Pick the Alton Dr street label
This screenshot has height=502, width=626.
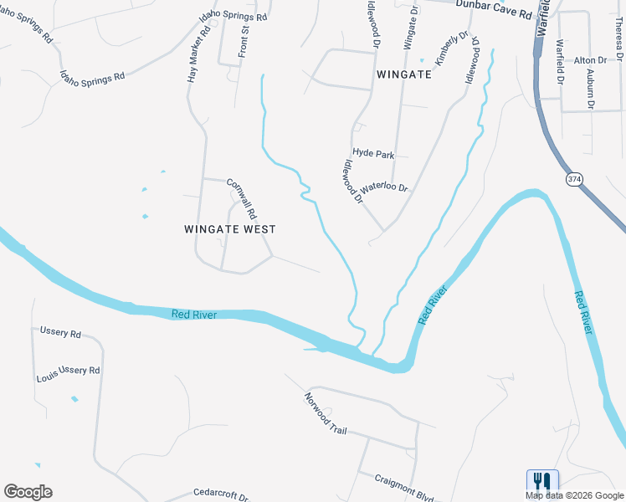pyautogui.click(x=590, y=60)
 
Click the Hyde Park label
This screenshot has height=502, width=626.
pyautogui.click(x=373, y=153)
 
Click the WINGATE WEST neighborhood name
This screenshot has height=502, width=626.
pyautogui.click(x=229, y=228)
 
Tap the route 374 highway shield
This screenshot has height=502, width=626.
pyautogui.click(x=573, y=179)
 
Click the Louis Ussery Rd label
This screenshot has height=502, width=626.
pyautogui.click(x=68, y=374)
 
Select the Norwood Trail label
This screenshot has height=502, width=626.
pyautogui.click(x=325, y=414)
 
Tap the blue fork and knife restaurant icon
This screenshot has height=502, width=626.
pyautogui.click(x=541, y=481)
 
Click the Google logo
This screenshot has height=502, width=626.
pyautogui.click(x=28, y=492)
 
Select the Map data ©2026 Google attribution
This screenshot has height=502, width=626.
pyautogui.click(x=574, y=495)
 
